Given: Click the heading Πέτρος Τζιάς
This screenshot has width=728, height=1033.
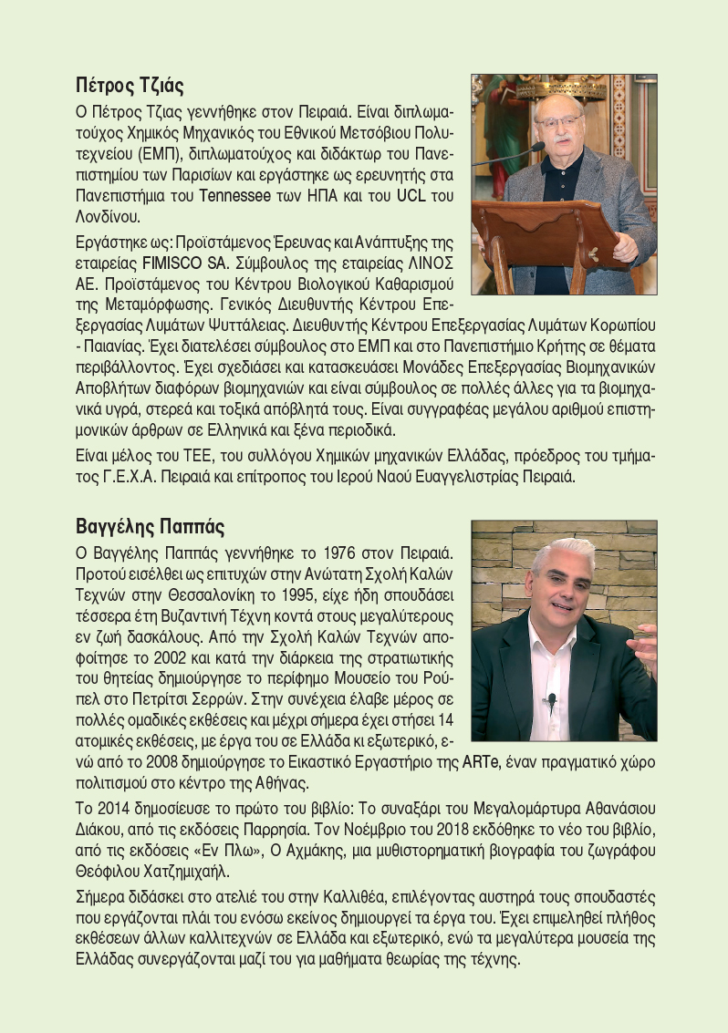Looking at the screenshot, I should (x=130, y=88).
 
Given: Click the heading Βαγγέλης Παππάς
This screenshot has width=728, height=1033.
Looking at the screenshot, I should (x=150, y=527).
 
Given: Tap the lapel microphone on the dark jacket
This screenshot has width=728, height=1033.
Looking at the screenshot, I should (x=552, y=701).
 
